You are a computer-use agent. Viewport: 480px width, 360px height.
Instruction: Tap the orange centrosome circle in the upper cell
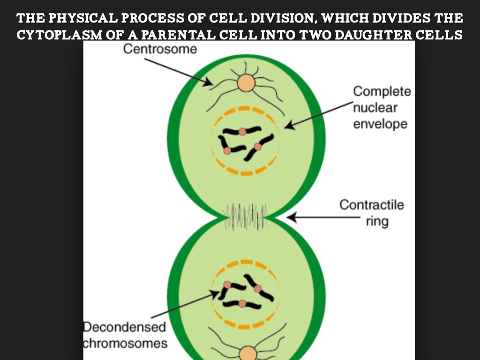point(246,83)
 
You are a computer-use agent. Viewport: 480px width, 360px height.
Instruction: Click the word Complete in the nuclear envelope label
point(382,92)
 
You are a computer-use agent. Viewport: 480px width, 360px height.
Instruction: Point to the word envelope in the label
point(380,124)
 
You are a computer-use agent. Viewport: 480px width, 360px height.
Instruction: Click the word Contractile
point(371,205)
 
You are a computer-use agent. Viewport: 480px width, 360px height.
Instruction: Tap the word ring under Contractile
point(377,221)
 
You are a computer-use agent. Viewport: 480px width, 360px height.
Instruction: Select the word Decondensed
point(125,327)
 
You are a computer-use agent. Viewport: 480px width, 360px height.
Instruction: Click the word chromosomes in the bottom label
point(125,343)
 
